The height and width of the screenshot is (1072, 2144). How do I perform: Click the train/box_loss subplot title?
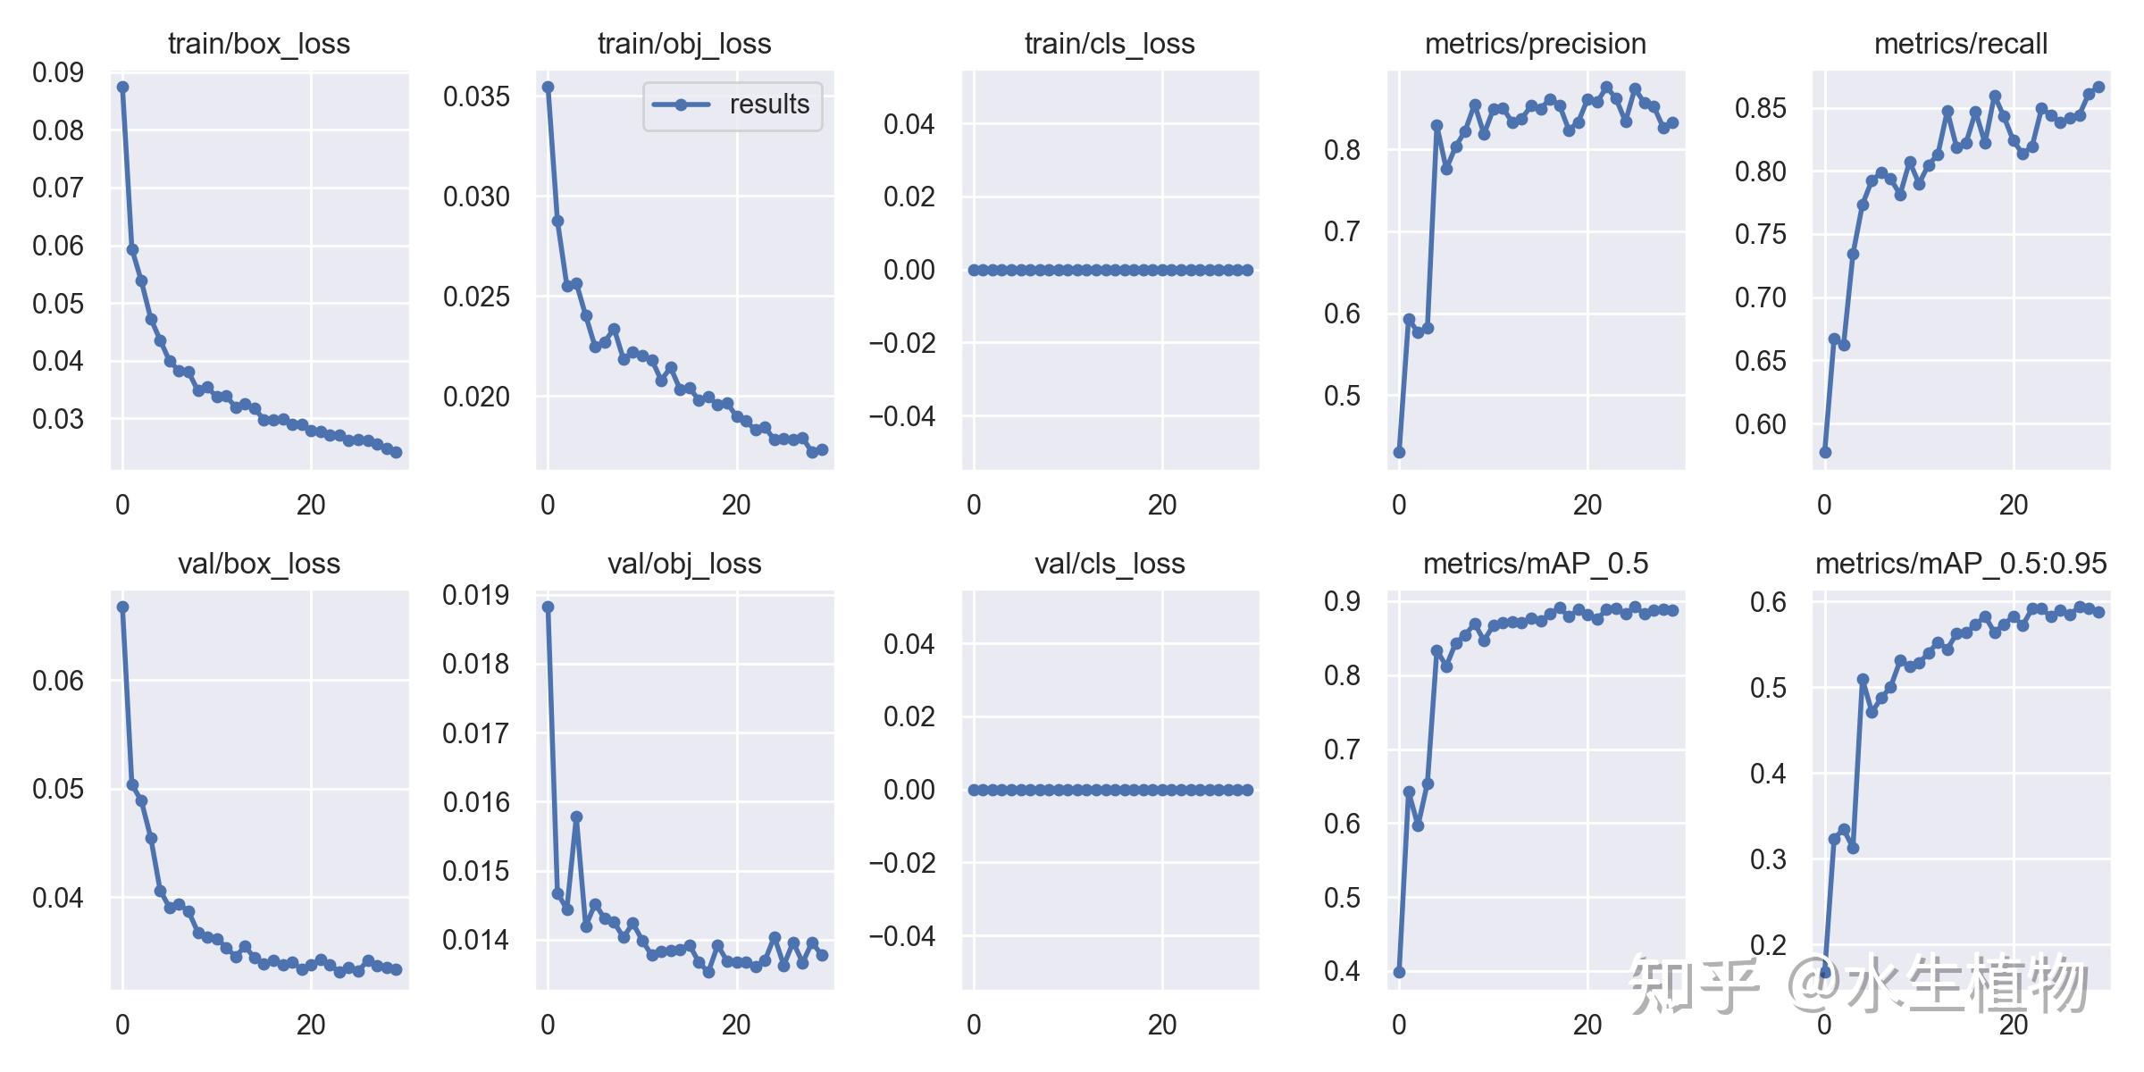(x=259, y=44)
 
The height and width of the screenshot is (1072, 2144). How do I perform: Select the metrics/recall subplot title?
(x=1961, y=44)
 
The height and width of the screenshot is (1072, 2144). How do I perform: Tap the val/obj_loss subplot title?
(x=684, y=564)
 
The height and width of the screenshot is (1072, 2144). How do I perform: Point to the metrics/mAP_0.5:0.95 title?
(x=1961, y=564)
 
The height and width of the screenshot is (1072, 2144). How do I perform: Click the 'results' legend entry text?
(x=769, y=105)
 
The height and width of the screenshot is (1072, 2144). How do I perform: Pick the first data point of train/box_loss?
(x=123, y=88)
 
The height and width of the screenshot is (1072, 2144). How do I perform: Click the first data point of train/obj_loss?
(x=549, y=88)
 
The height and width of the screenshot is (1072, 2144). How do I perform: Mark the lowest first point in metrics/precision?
(x=1400, y=453)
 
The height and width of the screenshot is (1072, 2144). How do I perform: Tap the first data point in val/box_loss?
(x=123, y=607)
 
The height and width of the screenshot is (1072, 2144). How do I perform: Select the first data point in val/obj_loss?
(x=549, y=607)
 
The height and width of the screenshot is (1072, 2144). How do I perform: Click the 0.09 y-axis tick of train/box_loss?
(x=58, y=73)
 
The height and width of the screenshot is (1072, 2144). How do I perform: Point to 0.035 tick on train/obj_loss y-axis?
(x=476, y=96)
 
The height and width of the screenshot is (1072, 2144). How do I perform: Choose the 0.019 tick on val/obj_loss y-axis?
(x=476, y=596)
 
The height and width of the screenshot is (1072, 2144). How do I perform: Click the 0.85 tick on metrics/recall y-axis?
(x=1761, y=108)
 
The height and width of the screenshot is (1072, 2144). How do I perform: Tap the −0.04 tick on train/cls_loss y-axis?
(x=902, y=416)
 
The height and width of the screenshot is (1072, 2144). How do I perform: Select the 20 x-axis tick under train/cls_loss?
(x=1162, y=506)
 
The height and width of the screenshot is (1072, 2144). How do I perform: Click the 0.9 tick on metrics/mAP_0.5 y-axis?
(x=1343, y=601)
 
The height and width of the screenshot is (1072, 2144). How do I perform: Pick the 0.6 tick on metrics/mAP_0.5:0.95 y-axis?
(x=1768, y=603)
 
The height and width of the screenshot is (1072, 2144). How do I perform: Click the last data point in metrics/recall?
(x=2098, y=88)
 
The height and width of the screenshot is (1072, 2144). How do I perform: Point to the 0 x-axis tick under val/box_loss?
(x=123, y=1026)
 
